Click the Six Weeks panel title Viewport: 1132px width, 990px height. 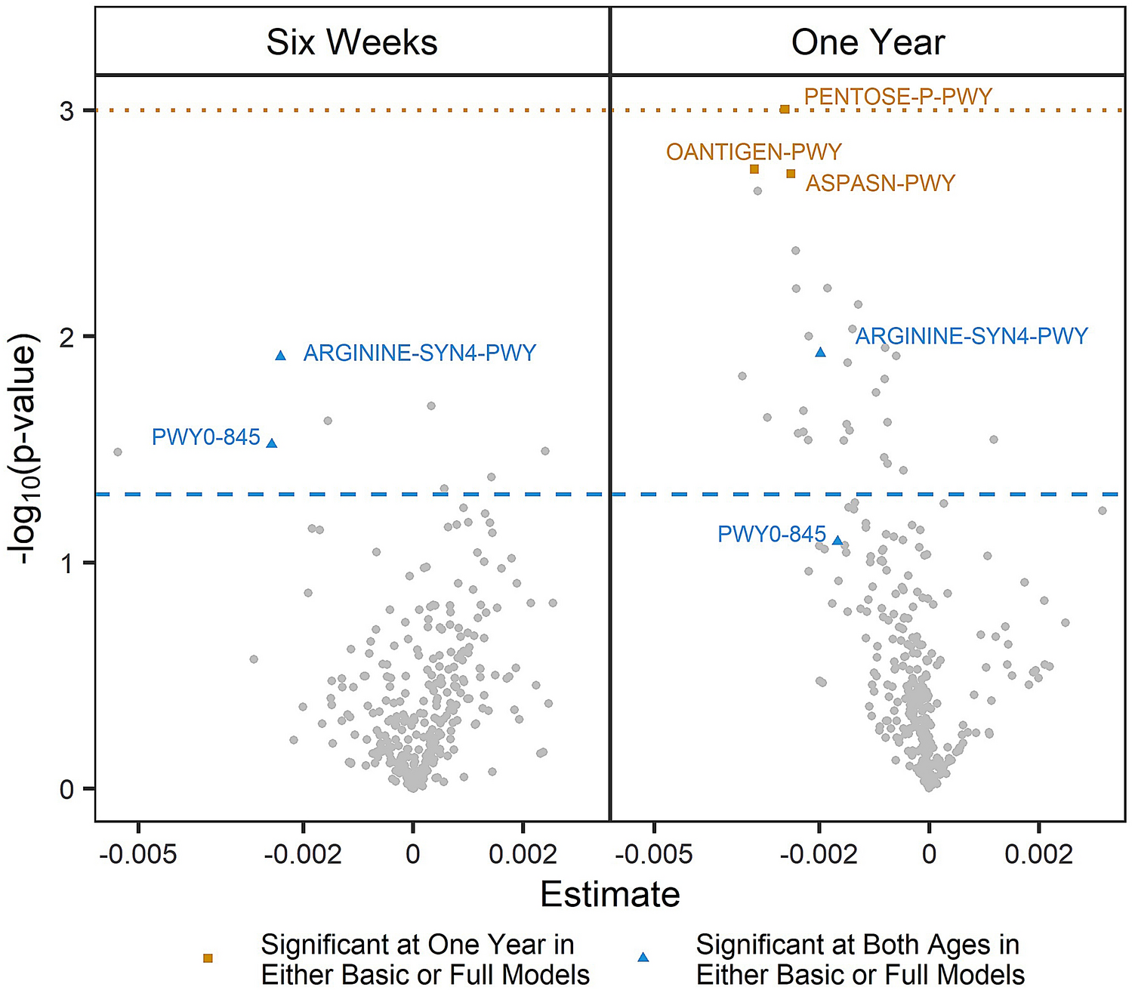[x=352, y=42]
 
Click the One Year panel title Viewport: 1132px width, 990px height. [x=868, y=42]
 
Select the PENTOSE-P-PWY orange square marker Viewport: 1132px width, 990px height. [x=785, y=109]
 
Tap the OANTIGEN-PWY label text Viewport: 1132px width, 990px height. [x=754, y=152]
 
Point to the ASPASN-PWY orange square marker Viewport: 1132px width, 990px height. [x=791, y=174]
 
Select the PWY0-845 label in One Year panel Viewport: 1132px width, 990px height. [x=771, y=535]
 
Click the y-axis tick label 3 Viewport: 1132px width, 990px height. [x=67, y=111]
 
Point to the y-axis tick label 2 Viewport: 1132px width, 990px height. [x=67, y=337]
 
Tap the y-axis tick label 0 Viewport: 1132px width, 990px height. [x=67, y=789]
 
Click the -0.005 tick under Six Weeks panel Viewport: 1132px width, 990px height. [x=139, y=854]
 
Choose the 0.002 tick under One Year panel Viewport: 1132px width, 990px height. [x=1039, y=854]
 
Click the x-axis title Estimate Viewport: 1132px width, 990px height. [x=610, y=895]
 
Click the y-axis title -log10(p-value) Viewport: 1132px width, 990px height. [x=26, y=449]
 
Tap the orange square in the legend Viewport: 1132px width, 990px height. [x=208, y=958]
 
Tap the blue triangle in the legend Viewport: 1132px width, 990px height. [x=643, y=958]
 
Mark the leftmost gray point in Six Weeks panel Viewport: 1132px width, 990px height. [x=118, y=452]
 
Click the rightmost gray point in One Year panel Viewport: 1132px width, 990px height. [x=1102, y=511]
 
